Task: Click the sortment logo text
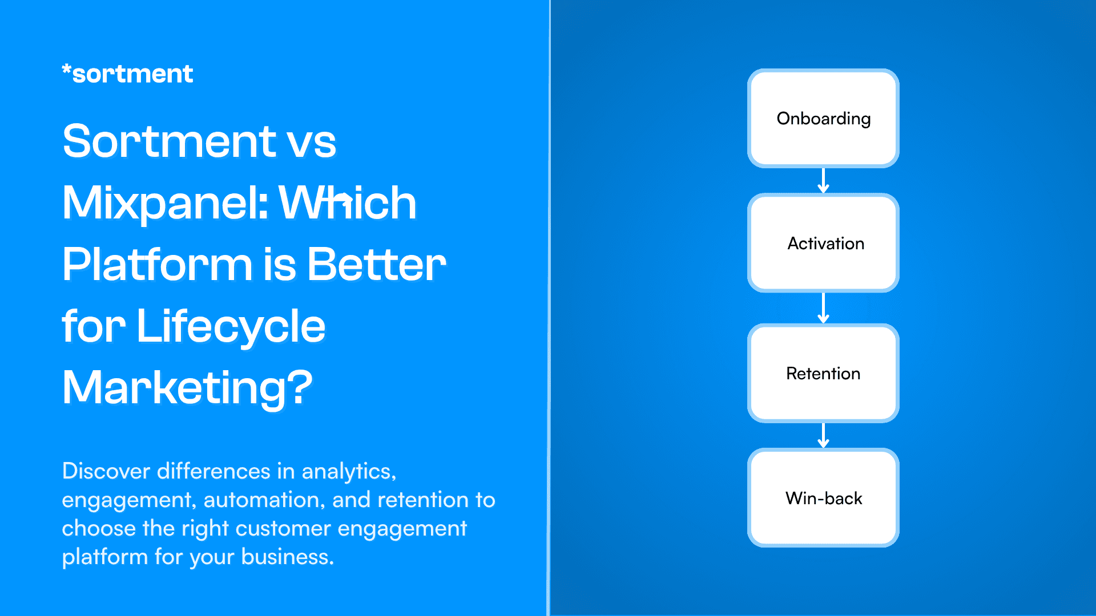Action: click(x=132, y=74)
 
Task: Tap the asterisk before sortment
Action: click(x=66, y=70)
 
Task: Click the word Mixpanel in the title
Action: click(x=165, y=203)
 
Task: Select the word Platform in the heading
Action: click(x=157, y=265)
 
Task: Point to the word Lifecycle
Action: click(x=231, y=326)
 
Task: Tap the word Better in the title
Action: click(x=376, y=265)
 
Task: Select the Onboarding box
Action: click(x=823, y=119)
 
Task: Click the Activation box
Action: click(x=823, y=244)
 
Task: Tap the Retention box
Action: click(x=823, y=374)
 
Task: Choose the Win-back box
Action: click(x=823, y=498)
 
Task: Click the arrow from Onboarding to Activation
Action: click(x=823, y=181)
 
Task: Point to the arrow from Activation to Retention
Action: click(x=823, y=308)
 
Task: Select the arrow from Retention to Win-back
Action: click(x=823, y=435)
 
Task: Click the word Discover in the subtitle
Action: click(x=106, y=471)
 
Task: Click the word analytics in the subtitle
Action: click(x=347, y=472)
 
